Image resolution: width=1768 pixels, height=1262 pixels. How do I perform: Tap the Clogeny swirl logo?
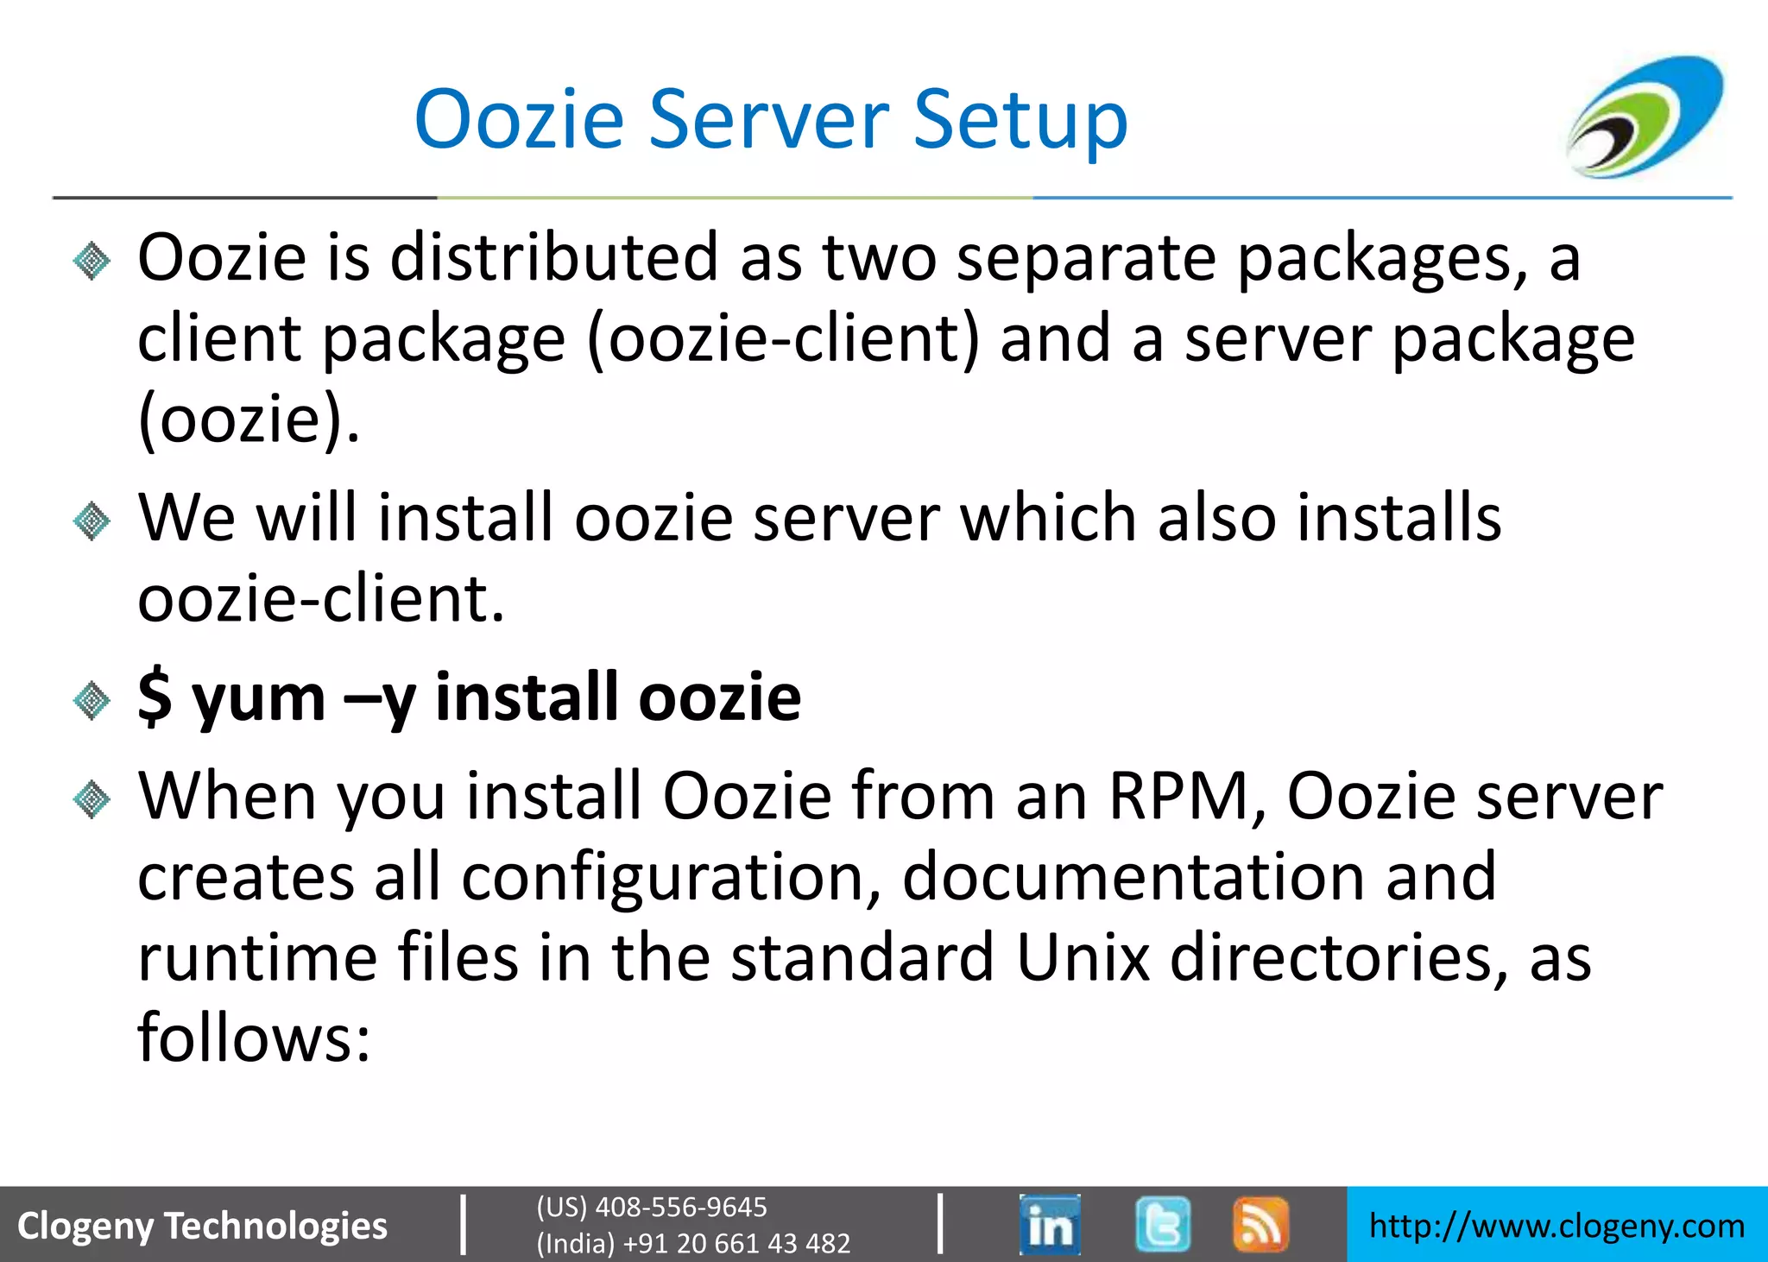point(1645,117)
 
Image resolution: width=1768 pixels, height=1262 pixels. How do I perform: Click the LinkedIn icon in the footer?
point(1049,1224)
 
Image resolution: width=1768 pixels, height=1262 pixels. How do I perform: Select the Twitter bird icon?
point(1162,1224)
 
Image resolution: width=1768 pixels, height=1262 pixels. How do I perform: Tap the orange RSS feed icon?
point(1260,1224)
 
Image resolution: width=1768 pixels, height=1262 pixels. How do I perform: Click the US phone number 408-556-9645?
point(680,1207)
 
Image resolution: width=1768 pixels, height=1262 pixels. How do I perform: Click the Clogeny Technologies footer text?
point(202,1226)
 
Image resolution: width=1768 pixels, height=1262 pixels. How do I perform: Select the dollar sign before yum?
point(155,697)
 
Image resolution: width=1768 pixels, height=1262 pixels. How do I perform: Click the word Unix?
point(1083,957)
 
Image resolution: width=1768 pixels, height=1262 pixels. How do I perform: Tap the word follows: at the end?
point(254,1038)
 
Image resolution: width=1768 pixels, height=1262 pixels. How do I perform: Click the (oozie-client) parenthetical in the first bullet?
point(783,338)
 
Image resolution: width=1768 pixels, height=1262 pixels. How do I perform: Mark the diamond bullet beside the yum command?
point(92,699)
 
